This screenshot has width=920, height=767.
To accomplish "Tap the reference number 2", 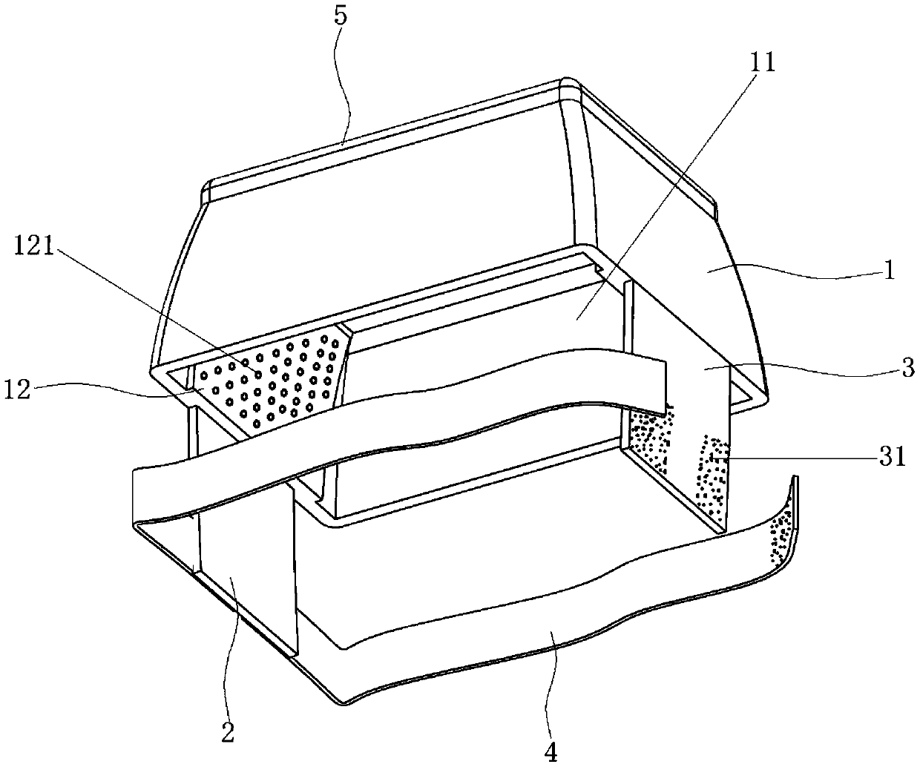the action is [x=227, y=732].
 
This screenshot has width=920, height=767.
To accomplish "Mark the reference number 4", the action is [x=550, y=751].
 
